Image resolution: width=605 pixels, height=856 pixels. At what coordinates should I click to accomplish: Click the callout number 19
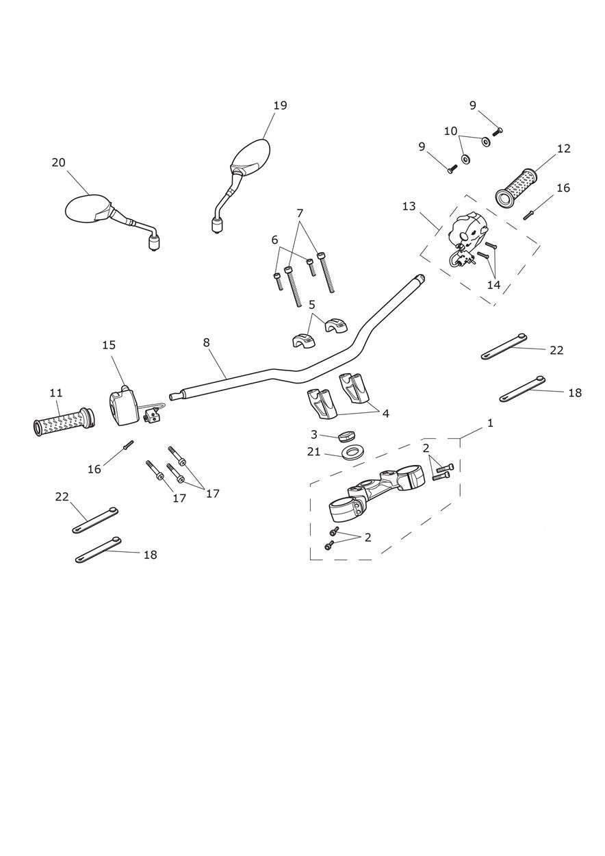point(280,105)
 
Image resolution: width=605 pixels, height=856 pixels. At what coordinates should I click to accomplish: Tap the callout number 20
point(58,162)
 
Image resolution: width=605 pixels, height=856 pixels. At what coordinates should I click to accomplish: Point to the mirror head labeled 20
point(87,208)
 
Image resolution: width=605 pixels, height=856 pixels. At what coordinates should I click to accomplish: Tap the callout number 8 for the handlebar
point(206,342)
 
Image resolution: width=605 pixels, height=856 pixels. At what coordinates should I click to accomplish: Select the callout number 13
point(409,206)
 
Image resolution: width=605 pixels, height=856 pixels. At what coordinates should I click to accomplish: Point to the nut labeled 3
point(345,436)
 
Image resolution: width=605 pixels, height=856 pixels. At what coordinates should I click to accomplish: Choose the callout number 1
point(490,423)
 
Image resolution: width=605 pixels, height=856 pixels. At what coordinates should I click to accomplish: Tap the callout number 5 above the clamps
point(311,305)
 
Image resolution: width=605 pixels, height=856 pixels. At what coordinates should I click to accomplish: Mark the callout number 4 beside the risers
point(385,414)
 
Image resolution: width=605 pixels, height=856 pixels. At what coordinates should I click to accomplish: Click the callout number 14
point(493,285)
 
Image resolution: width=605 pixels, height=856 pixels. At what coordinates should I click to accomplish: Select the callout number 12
point(563,149)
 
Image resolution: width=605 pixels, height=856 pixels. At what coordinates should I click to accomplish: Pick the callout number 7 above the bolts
point(300,213)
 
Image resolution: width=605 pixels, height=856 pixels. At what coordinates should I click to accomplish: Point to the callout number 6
point(274,240)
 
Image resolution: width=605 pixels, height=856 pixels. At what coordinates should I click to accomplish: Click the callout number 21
point(313,451)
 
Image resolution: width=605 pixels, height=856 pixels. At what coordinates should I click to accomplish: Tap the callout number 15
point(109,345)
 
